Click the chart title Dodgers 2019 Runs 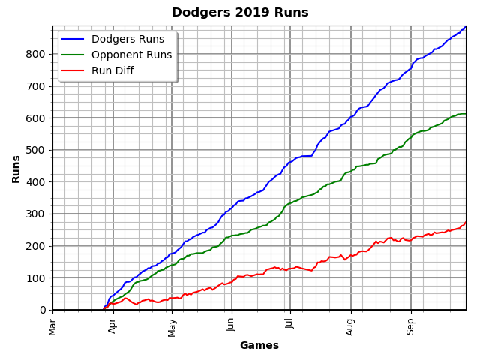240,13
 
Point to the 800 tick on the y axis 37,54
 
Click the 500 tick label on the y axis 37,150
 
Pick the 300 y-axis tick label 37,214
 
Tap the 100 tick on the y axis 37,278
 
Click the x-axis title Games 259,346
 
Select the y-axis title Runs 16,169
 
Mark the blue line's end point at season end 465,27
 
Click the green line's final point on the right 465,114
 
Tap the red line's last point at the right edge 465,222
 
